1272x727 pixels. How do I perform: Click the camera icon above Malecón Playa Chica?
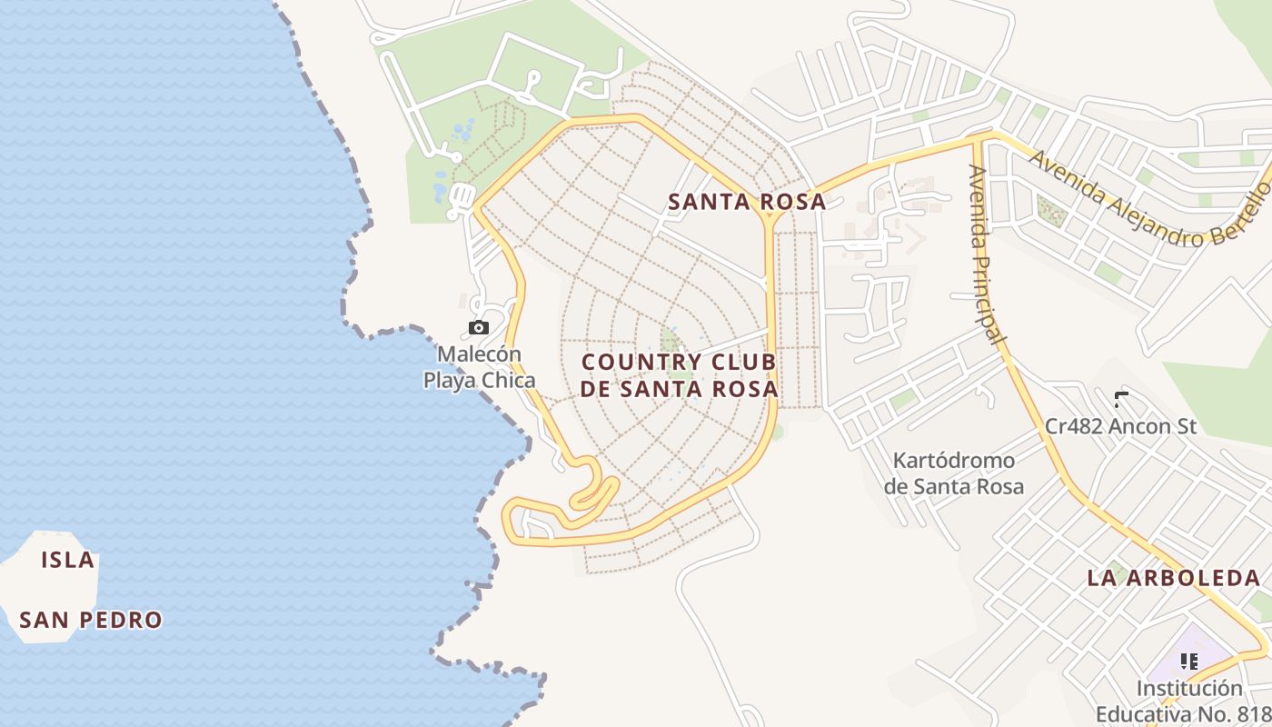coord(479,327)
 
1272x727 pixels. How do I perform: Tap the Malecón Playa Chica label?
coord(479,367)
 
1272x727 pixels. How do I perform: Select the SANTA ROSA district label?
coord(747,202)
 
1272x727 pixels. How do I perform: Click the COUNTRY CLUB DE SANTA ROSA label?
coord(680,375)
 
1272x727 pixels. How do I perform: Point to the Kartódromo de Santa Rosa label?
coord(954,473)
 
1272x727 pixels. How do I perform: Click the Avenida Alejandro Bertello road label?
coord(1150,200)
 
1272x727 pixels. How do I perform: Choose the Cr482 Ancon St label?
coord(1121,425)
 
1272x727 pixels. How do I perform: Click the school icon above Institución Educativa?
coord(1188,662)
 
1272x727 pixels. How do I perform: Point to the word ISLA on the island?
coord(68,560)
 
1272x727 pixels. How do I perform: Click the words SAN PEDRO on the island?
coord(91,620)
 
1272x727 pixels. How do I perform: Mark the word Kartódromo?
coord(954,461)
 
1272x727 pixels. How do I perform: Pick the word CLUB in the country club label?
coord(740,362)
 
